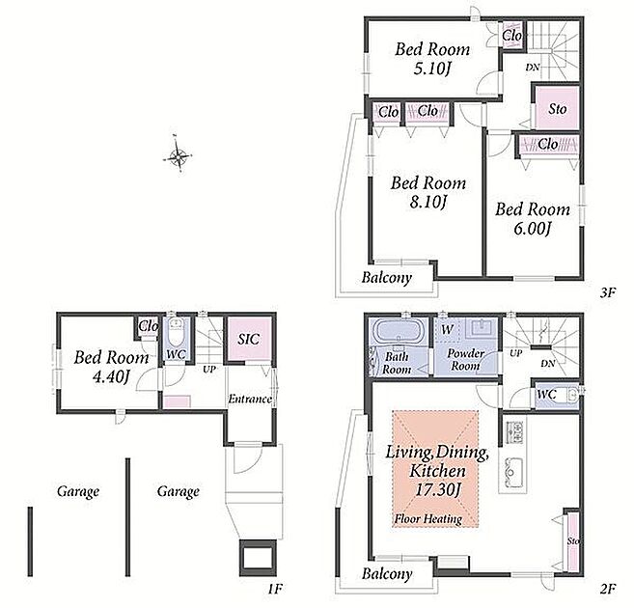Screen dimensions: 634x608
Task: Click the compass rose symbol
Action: pyautogui.click(x=178, y=154)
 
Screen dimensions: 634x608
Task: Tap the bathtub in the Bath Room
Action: pyautogui.click(x=399, y=331)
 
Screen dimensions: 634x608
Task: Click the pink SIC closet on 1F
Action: pyautogui.click(x=248, y=339)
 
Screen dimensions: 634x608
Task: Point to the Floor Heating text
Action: pyautogui.click(x=428, y=519)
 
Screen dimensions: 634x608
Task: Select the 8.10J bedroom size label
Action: pyautogui.click(x=428, y=202)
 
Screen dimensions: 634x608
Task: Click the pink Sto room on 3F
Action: pyautogui.click(x=558, y=108)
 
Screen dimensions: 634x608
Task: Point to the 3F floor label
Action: pyautogui.click(x=607, y=292)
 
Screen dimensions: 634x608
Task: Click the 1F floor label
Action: pyautogui.click(x=275, y=588)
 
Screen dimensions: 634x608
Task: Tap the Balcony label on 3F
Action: pyautogui.click(x=387, y=278)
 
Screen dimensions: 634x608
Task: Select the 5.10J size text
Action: pyautogui.click(x=431, y=69)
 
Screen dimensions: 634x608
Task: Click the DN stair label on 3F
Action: pyautogui.click(x=533, y=68)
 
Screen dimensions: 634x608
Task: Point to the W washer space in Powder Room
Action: pyautogui.click(x=447, y=329)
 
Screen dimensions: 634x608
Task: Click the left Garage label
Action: pyautogui.click(x=78, y=491)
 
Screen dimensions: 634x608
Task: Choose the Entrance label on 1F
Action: pyautogui.click(x=250, y=399)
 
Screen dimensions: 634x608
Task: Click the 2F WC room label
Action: pyautogui.click(x=546, y=394)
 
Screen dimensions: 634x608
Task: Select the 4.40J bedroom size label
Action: pyautogui.click(x=111, y=376)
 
